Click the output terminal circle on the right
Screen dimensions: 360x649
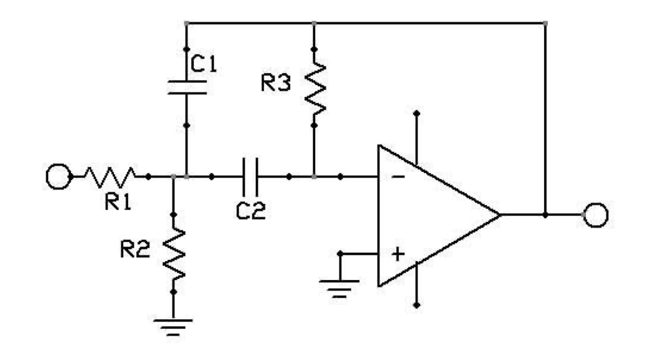[596, 216]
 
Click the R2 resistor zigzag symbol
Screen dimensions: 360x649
[174, 252]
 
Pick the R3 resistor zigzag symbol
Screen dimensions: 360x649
[314, 87]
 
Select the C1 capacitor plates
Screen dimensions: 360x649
[187, 87]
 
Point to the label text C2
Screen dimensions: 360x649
[250, 210]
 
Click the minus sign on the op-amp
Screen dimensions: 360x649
[398, 177]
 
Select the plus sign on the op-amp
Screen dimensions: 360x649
[398, 254]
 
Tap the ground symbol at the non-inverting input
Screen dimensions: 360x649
[340, 287]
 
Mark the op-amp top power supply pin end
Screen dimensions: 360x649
[416, 114]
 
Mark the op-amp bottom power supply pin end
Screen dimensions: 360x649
[416, 306]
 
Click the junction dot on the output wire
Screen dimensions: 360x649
[546, 216]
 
